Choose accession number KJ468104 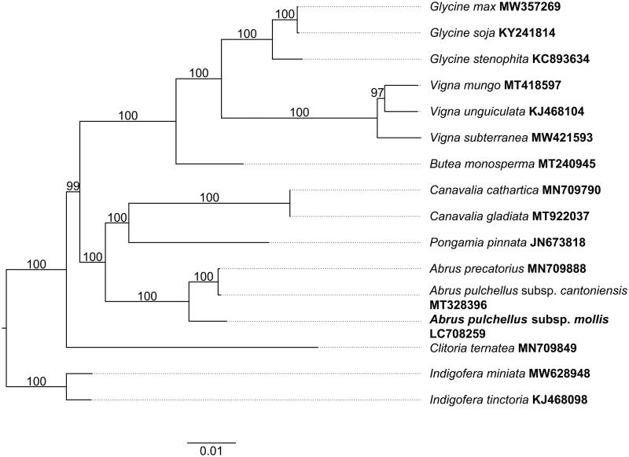pos(556,111)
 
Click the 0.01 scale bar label pos(212,451)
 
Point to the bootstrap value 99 pos(74,186)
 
